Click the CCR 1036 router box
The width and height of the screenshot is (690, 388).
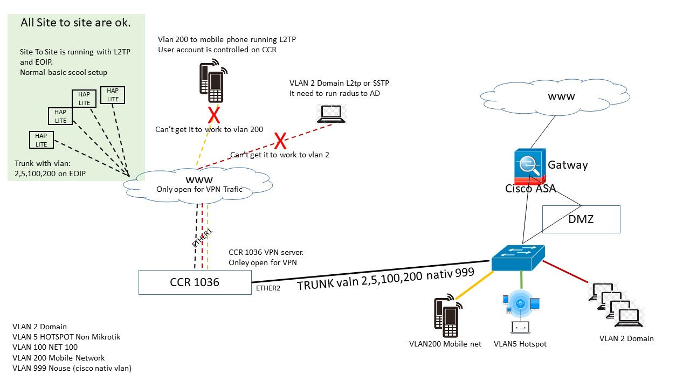pyautogui.click(x=195, y=282)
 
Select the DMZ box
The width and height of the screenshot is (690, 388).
pyautogui.click(x=581, y=219)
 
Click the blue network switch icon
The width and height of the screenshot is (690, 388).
pyautogui.click(x=517, y=258)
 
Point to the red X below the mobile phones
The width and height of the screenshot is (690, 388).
pyautogui.click(x=214, y=115)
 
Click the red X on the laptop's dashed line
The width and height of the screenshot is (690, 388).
pyautogui.click(x=280, y=141)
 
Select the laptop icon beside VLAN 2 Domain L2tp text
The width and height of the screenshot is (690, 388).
pyautogui.click(x=331, y=114)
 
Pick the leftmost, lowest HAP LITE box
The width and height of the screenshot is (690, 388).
pyautogui.click(x=42, y=140)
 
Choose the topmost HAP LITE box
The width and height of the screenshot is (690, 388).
pyautogui.click(x=113, y=95)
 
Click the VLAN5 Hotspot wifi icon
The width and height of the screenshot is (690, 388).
pyautogui.click(x=520, y=305)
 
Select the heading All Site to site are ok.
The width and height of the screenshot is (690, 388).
pyautogui.click(x=75, y=23)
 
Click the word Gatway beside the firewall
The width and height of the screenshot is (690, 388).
pyautogui.click(x=568, y=165)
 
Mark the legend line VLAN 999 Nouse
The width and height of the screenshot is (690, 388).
pyautogui.click(x=72, y=368)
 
